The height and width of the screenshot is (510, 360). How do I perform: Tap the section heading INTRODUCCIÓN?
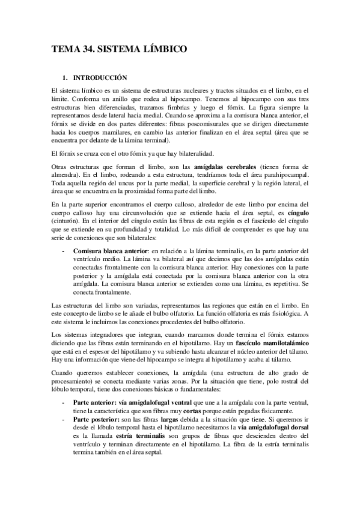[x=100, y=78]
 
